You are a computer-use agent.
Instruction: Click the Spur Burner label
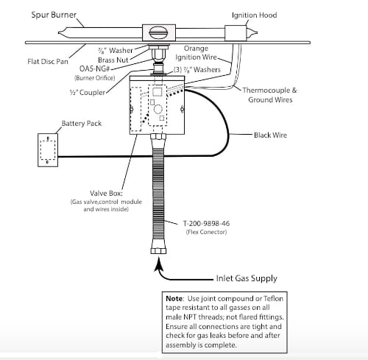(x=54, y=15)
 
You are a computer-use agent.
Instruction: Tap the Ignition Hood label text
(x=255, y=15)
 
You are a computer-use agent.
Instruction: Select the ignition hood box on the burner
(x=236, y=33)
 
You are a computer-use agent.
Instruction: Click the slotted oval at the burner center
(x=159, y=33)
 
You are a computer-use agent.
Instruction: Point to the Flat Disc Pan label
(x=48, y=61)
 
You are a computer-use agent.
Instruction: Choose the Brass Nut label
(x=113, y=60)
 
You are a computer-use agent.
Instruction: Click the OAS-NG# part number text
(x=94, y=68)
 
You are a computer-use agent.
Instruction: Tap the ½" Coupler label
(x=88, y=93)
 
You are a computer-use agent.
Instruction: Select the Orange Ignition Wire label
(x=196, y=53)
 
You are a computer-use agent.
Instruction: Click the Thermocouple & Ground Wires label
(x=270, y=95)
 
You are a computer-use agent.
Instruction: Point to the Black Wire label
(x=270, y=135)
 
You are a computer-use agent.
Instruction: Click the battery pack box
(x=48, y=150)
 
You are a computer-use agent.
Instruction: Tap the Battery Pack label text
(x=82, y=124)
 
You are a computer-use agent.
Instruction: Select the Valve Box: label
(x=106, y=194)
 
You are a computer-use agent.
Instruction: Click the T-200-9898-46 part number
(x=206, y=224)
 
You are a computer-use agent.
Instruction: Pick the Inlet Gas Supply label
(x=247, y=278)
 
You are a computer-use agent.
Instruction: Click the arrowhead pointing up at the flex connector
(x=159, y=264)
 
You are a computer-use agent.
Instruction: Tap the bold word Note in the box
(x=174, y=299)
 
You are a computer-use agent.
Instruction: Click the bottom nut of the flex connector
(x=158, y=251)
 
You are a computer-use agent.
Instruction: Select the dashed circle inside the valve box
(x=158, y=109)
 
